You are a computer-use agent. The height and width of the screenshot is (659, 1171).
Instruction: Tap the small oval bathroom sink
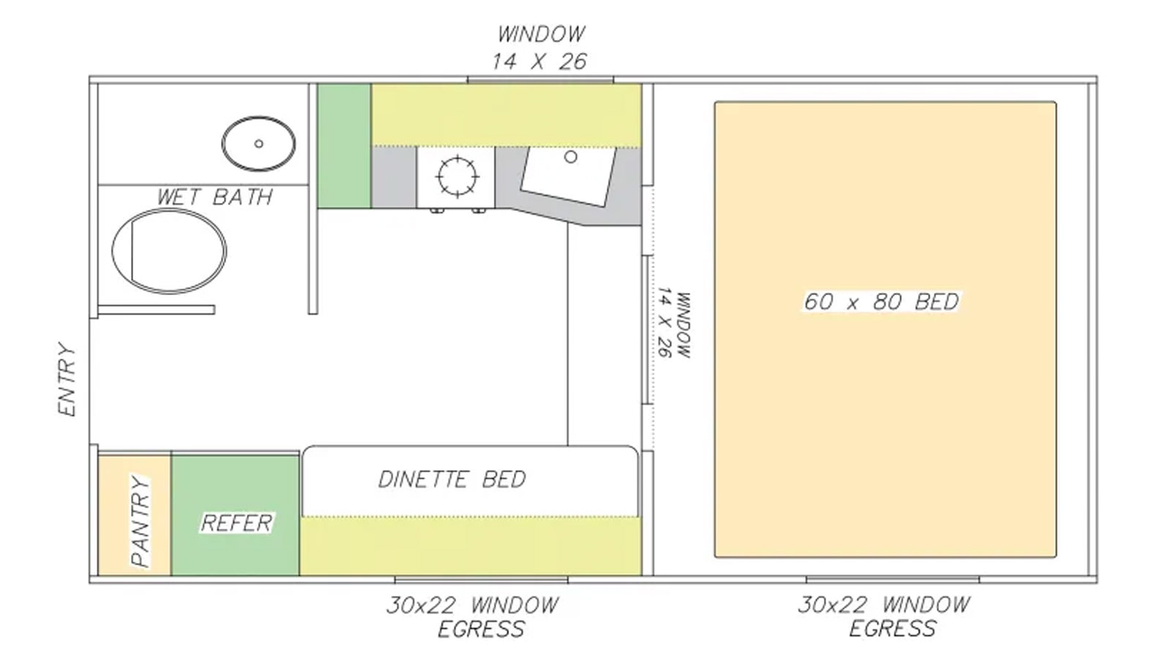258,144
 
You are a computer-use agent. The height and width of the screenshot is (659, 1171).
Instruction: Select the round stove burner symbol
457,176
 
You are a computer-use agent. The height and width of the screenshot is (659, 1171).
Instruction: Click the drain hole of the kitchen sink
571,157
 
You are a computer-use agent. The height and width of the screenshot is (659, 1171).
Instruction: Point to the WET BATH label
215,197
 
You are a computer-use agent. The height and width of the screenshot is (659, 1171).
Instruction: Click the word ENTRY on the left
67,379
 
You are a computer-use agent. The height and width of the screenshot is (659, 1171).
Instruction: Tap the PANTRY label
141,521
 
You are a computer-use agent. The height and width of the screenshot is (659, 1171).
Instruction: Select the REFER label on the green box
237,523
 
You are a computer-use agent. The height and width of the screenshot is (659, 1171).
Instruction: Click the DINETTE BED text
452,480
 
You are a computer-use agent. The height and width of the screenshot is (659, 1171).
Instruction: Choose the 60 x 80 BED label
881,302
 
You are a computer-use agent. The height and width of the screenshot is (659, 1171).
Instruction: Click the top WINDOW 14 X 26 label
540,48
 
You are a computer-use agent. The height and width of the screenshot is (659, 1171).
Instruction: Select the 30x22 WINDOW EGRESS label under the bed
885,617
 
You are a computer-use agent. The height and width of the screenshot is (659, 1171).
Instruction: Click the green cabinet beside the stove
345,146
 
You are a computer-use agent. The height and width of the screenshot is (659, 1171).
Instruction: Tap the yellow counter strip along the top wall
506,115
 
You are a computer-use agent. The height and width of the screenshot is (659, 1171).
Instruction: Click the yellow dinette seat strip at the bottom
471,546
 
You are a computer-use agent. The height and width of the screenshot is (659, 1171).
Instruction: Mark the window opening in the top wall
541,80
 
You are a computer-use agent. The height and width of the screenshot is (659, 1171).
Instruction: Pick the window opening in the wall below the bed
893,579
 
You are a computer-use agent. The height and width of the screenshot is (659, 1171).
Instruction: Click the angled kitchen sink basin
568,176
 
